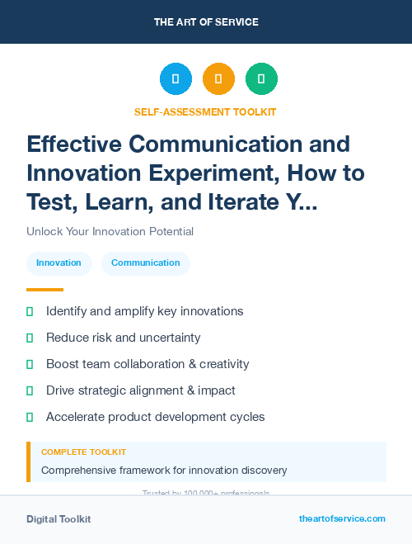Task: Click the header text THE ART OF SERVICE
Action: click(x=206, y=22)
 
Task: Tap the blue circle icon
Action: click(x=176, y=79)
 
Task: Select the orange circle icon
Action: click(x=218, y=79)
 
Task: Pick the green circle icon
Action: click(x=261, y=79)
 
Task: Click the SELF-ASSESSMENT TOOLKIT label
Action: click(x=206, y=111)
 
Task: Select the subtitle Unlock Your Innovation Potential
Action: click(x=110, y=232)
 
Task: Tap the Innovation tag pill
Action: click(x=59, y=263)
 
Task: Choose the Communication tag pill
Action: click(x=145, y=263)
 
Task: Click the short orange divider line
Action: click(x=44, y=290)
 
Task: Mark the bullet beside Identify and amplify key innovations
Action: click(x=30, y=312)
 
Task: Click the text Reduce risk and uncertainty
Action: click(x=124, y=338)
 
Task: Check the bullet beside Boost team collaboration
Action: click(x=30, y=364)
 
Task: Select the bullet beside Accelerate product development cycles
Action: click(x=30, y=417)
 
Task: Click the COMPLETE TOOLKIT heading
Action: click(x=84, y=452)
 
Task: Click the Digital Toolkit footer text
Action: click(x=59, y=519)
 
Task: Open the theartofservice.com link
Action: click(x=342, y=518)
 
